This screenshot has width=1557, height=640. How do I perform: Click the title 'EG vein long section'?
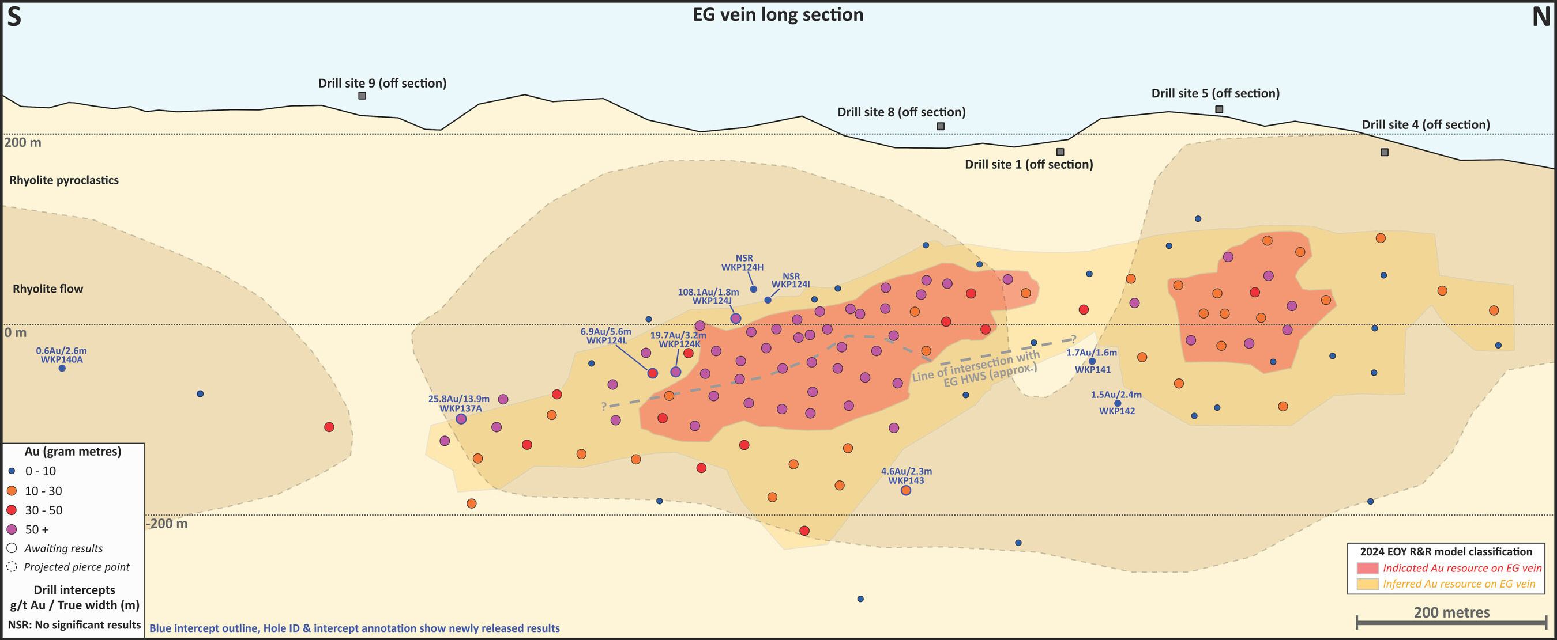(778, 14)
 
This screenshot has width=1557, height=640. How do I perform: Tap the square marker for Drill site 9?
(362, 96)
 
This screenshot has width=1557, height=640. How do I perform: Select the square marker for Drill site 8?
(941, 126)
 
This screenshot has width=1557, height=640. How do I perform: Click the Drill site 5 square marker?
(1219, 109)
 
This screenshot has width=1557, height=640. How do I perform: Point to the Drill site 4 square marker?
(1384, 152)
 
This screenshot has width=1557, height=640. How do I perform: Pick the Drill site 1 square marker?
(1059, 152)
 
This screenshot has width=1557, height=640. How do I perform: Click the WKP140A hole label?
(62, 360)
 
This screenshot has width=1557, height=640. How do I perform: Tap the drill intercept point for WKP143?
(905, 490)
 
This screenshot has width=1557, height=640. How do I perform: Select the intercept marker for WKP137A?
(461, 419)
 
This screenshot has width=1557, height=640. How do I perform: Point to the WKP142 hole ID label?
(1116, 411)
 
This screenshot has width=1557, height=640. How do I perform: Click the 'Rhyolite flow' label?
(48, 289)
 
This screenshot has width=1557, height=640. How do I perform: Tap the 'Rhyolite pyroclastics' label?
(64, 180)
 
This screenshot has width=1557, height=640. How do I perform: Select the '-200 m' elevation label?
(167, 524)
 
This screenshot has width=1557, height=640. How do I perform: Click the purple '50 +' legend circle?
(12, 529)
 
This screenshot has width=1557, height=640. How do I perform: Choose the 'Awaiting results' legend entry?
(63, 548)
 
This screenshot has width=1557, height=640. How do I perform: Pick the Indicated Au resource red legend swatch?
(1367, 568)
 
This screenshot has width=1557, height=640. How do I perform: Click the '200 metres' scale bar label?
(1451, 612)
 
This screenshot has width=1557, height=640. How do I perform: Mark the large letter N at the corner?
(1541, 17)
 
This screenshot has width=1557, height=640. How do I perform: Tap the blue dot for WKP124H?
(753, 289)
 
